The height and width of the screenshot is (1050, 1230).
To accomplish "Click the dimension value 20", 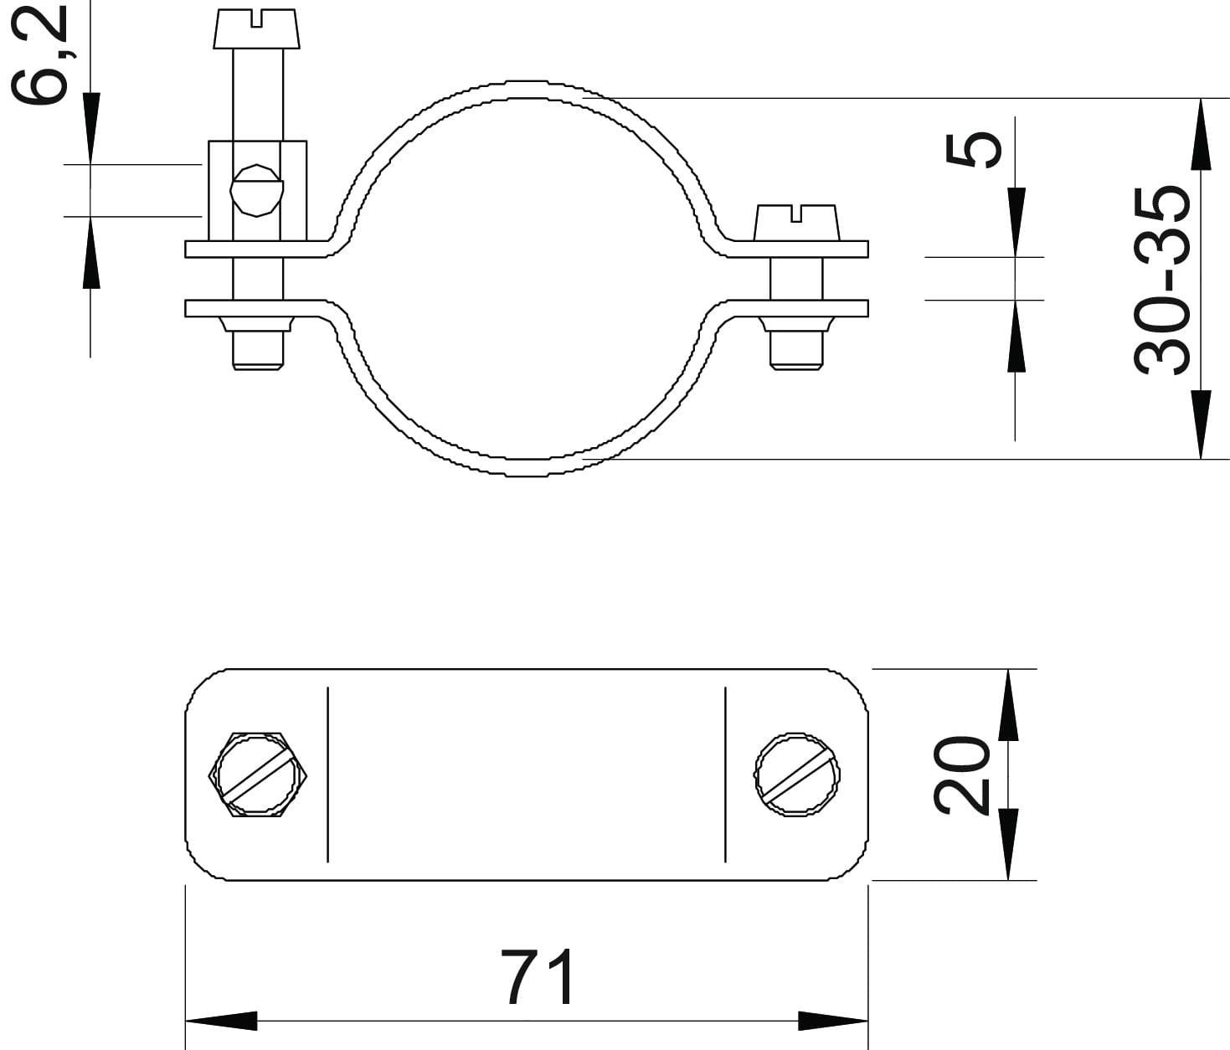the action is (x=961, y=775).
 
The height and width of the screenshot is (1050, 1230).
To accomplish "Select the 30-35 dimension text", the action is (x=1162, y=281).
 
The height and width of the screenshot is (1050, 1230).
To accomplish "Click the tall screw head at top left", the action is (x=256, y=28).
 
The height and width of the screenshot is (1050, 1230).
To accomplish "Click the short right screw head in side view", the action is (x=797, y=223).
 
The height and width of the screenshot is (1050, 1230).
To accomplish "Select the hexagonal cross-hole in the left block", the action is (x=256, y=190).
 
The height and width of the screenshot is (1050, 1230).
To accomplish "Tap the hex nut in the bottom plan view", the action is (x=258, y=775).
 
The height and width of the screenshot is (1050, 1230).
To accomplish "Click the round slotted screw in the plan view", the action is (x=797, y=775).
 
